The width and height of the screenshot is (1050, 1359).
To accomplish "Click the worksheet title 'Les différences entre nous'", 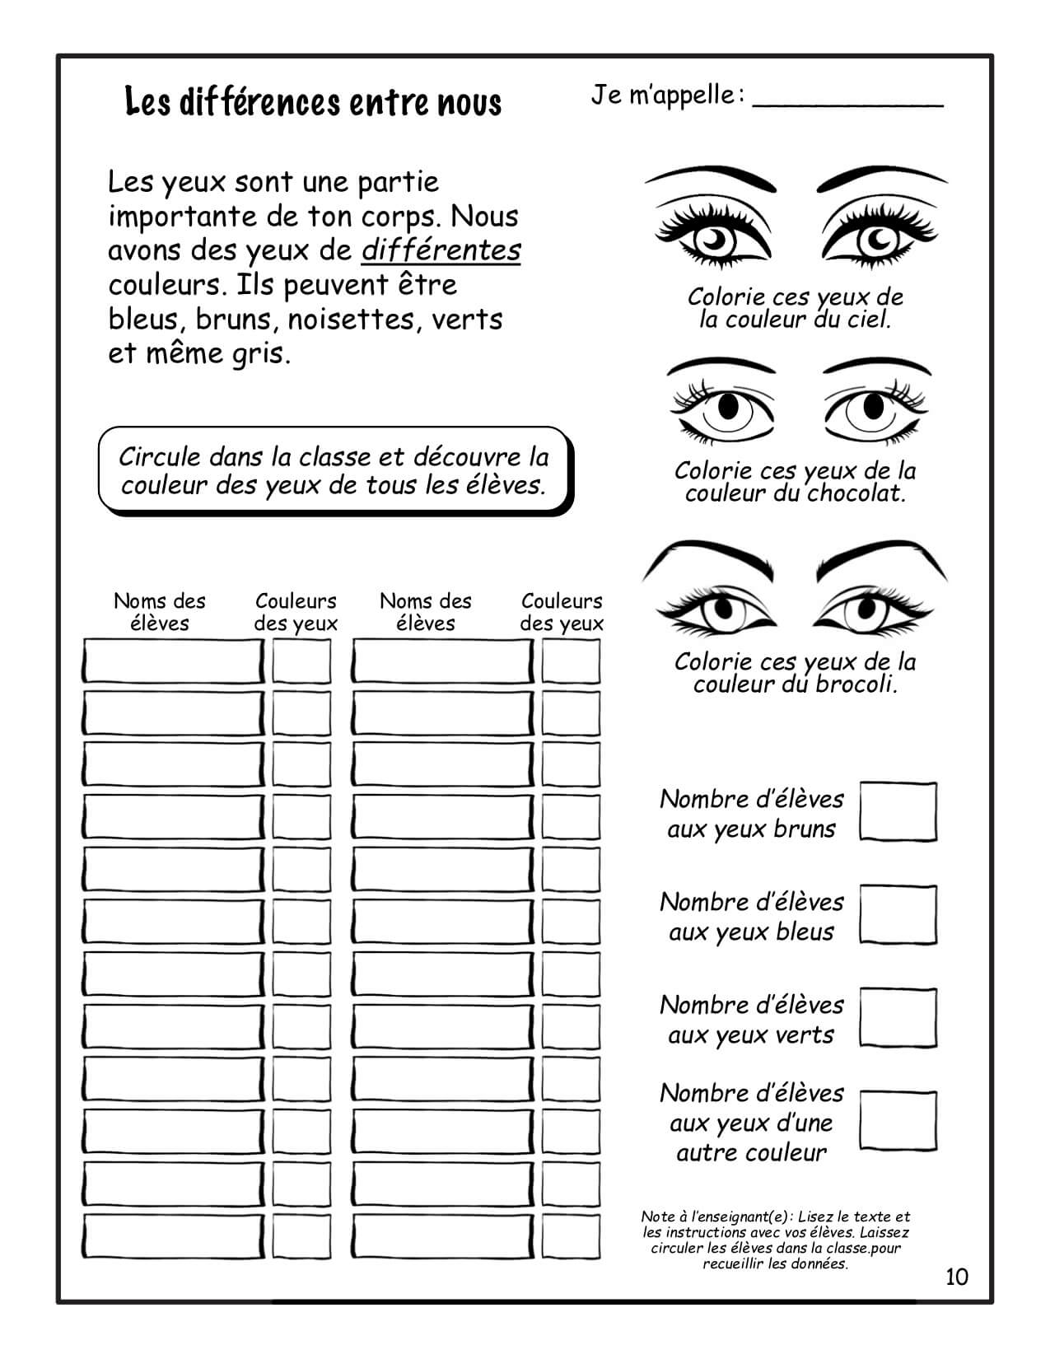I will point(313,103).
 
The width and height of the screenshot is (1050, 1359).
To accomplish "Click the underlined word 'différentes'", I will point(441,250).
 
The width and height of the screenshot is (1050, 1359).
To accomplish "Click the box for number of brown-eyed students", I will point(898,812).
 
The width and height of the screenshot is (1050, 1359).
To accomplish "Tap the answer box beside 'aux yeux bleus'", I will point(898,915).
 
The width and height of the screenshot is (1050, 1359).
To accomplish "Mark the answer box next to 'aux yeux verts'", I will point(898,1018).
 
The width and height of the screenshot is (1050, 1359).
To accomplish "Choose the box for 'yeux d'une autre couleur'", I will point(898,1121).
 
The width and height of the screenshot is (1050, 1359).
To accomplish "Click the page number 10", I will point(957,1277).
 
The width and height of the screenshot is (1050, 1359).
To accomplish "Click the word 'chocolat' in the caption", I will point(855,494).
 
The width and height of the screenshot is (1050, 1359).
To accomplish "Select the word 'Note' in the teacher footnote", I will point(657,1217).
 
